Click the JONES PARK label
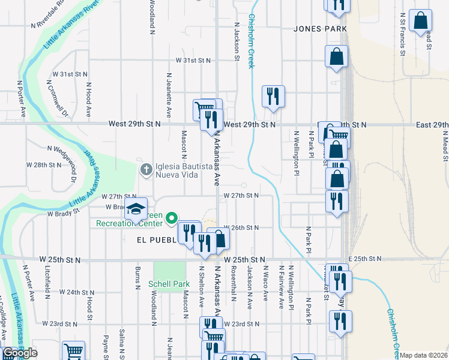(x=321, y=29)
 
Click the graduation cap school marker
(x=136, y=209)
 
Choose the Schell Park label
(x=171, y=284)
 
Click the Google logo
(x=20, y=353)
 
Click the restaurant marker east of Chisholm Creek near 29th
(x=273, y=95)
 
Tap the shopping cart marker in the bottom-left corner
(x=73, y=350)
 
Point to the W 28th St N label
(x=43, y=164)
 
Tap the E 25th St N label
(x=366, y=259)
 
